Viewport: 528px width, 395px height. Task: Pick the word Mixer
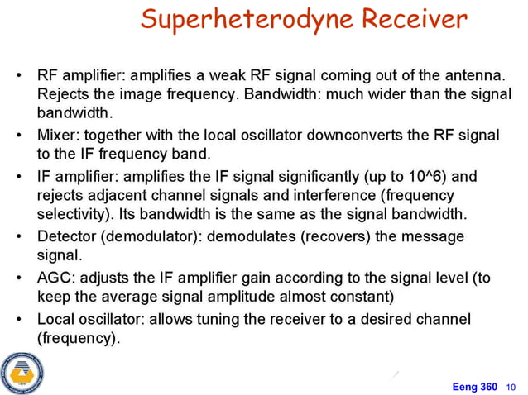click(57, 136)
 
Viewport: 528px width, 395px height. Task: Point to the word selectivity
click(72, 215)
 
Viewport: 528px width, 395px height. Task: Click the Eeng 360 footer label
click(474, 385)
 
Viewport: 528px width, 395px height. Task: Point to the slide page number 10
click(511, 386)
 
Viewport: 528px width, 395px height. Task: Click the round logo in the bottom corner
click(22, 372)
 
